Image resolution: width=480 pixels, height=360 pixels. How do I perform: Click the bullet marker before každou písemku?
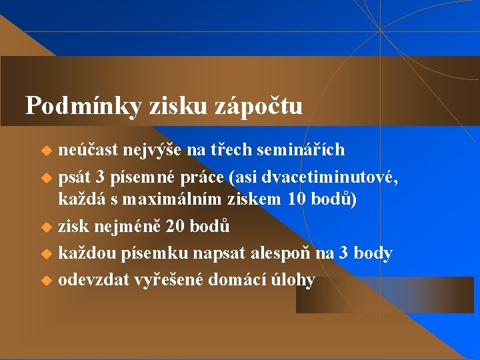click(47, 254)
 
